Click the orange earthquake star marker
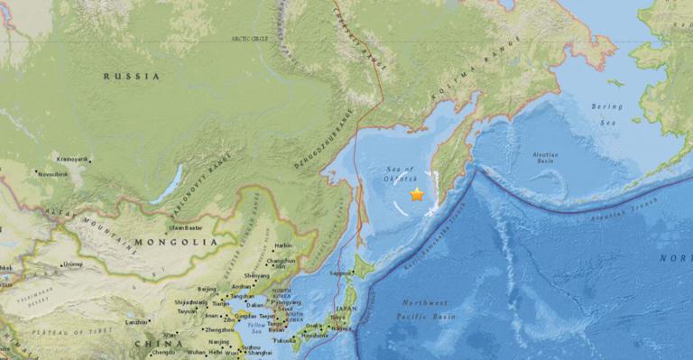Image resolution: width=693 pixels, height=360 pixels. tap(417, 194)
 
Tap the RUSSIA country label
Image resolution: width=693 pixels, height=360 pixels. tap(131, 77)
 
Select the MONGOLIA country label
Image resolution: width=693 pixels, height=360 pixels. tap(176, 242)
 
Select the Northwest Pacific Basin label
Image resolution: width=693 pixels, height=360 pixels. tap(425, 309)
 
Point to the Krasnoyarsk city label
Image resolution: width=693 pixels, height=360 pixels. tap(73, 158)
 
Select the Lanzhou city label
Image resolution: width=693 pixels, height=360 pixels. tap(137, 322)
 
